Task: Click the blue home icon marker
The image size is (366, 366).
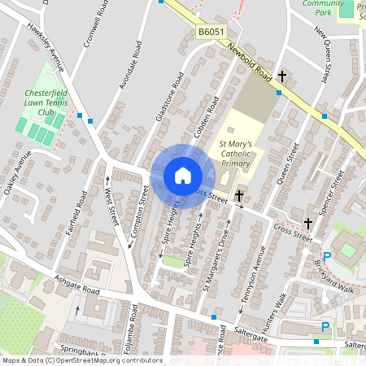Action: point(183,175)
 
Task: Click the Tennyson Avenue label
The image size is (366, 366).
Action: point(259,276)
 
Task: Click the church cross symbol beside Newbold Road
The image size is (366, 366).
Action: point(282,76)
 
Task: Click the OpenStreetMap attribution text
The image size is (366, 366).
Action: point(81,360)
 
